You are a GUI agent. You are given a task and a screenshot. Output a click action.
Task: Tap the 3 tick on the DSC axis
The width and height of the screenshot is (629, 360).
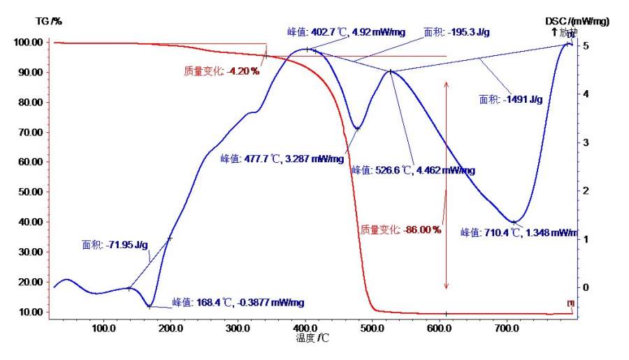pos(586,143)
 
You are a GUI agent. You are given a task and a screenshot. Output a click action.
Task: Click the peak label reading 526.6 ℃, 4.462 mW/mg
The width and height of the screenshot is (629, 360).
pos(413,170)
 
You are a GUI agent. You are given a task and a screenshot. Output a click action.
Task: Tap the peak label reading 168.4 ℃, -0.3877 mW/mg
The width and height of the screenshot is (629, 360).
pos(238,303)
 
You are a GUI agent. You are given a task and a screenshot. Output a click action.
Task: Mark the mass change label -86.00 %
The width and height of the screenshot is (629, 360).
pos(400,229)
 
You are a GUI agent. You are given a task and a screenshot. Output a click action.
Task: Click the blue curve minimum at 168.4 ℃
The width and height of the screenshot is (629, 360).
pos(149,306)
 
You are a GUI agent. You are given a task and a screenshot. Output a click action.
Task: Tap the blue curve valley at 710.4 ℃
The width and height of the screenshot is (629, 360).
pos(514,222)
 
